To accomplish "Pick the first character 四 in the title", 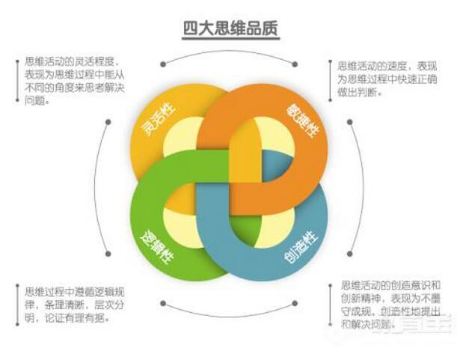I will pos(191,28).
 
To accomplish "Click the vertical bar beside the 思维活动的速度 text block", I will pos(329,80).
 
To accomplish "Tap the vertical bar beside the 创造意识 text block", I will pos(329,305).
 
